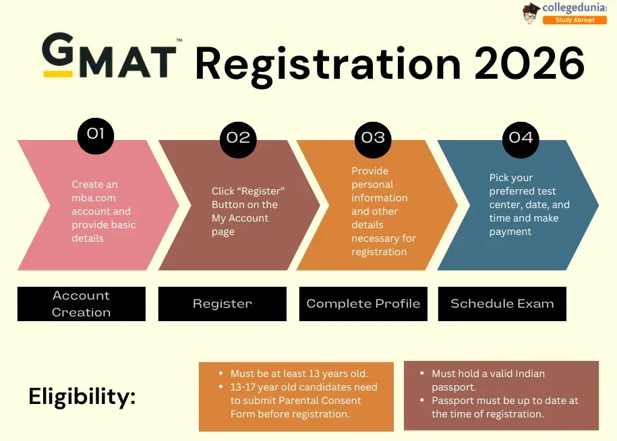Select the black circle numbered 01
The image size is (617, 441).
96,135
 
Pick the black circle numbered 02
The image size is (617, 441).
238,138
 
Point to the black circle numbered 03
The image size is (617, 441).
373,138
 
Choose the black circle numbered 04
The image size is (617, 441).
521,138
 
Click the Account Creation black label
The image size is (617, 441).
81,304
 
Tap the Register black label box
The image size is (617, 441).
222,304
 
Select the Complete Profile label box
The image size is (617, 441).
363,304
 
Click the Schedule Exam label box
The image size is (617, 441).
502,304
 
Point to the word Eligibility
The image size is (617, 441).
82,397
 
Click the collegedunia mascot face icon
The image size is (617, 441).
531,12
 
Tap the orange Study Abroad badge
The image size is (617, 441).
575,20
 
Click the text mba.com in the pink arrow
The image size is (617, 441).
93,198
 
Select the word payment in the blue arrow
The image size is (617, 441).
510,232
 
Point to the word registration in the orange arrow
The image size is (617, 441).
379,252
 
